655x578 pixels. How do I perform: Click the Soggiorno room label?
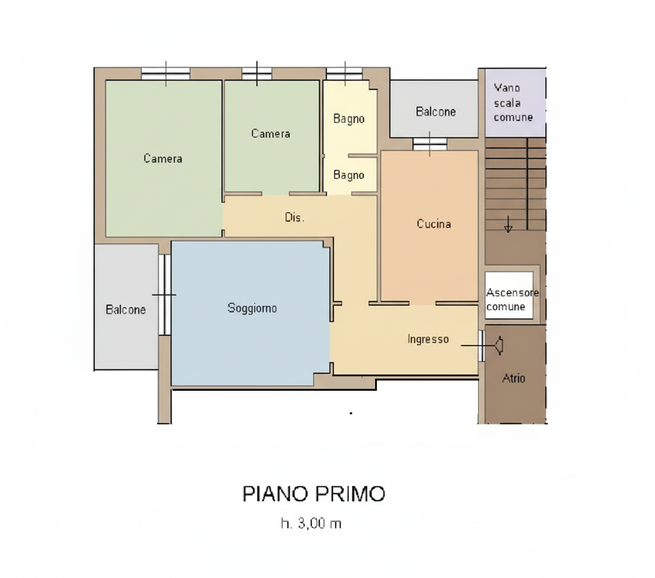[252, 308]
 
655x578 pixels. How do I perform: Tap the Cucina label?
[433, 224]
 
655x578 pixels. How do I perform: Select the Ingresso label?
[428, 339]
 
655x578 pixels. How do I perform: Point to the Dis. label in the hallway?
[294, 217]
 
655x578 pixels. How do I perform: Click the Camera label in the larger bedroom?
[163, 159]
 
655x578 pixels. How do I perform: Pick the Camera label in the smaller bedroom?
[270, 134]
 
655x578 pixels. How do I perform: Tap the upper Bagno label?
[349, 119]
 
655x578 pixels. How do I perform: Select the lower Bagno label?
[349, 175]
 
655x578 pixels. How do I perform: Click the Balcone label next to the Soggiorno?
[126, 309]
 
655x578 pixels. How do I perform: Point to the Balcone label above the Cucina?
[436, 111]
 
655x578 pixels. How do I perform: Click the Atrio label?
[514, 378]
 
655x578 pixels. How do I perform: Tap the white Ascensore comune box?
[509, 295]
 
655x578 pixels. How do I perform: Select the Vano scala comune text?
[513, 103]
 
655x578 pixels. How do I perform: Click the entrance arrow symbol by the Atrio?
[498, 346]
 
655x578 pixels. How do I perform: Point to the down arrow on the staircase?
[508, 224]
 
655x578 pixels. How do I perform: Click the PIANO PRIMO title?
[314, 494]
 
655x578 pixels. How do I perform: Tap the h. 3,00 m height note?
[311, 523]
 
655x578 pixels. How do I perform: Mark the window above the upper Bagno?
[344, 73]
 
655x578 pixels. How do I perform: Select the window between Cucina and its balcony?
[430, 144]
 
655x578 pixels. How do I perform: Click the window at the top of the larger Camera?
[166, 73]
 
